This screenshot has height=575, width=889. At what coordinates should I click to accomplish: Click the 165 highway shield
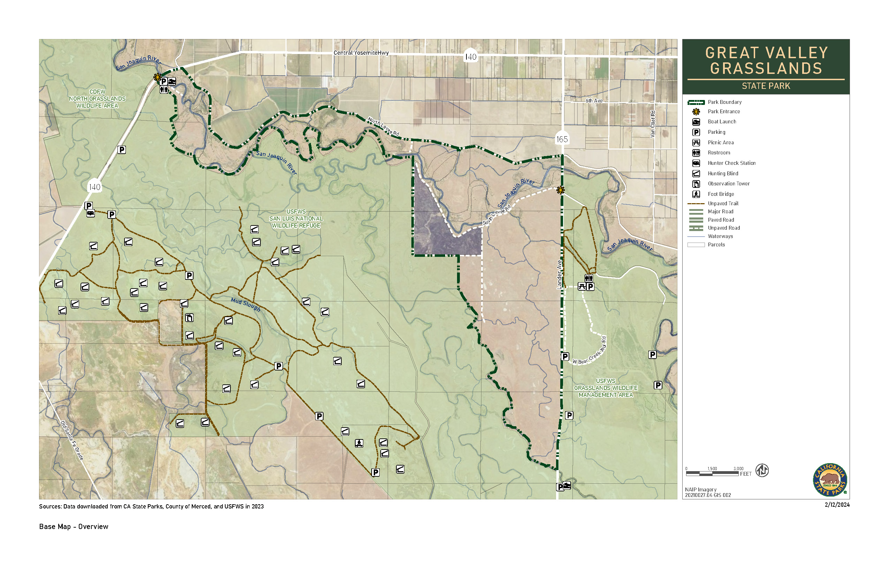pos(562,139)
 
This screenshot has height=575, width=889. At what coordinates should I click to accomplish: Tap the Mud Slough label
pos(245,304)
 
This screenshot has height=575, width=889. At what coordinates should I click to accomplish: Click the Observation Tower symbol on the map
pos(189,318)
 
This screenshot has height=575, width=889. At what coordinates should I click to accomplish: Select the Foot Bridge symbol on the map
pos(359,443)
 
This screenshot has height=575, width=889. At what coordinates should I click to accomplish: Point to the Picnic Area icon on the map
pos(582,286)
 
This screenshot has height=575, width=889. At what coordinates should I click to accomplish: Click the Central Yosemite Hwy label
pos(361,53)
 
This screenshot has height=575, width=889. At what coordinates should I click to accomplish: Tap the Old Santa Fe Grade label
pos(72,440)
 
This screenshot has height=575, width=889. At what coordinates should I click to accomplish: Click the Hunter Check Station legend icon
pos(696,163)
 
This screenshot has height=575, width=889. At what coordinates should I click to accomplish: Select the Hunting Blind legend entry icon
pos(696,174)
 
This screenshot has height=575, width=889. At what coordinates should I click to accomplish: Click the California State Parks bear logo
pos(830,480)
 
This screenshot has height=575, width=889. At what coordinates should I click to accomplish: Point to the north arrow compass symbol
pos(762,470)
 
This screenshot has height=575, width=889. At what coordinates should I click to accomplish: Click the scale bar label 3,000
pos(738,469)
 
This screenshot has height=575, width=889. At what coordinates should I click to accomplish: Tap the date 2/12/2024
pos(837,505)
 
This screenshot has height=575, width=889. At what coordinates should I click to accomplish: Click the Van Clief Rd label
pos(653,124)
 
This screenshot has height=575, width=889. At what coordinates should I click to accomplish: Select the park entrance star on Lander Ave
pos(560,190)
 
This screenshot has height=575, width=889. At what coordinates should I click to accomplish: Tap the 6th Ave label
pos(594,101)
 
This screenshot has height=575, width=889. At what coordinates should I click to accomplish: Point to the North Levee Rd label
pos(383,126)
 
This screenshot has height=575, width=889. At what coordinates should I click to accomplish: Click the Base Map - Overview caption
pos(74,527)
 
